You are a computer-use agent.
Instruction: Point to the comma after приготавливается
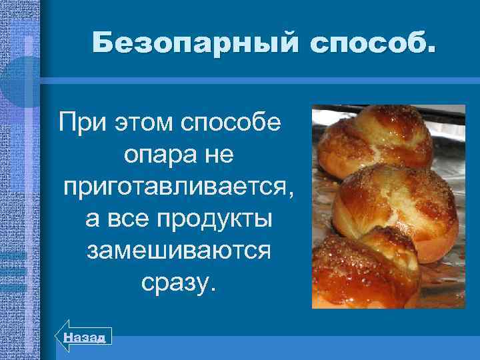pyautogui.click(x=289, y=194)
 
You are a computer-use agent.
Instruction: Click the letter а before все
pyautogui.click(x=93, y=220)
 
